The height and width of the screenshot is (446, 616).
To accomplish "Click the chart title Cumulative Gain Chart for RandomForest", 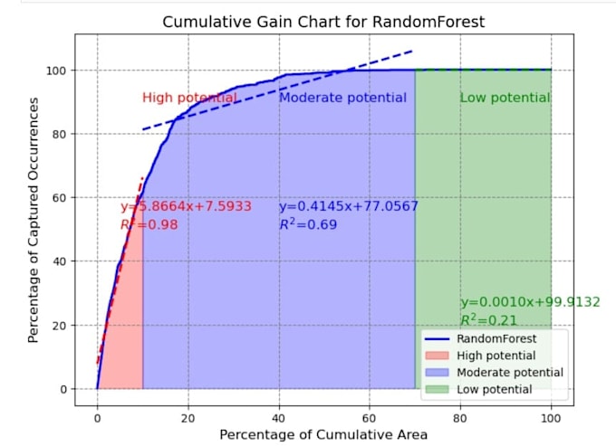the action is [323, 22].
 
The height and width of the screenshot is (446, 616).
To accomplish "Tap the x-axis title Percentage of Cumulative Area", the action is [323, 434].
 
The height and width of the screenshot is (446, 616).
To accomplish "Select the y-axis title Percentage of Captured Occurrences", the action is [34, 220].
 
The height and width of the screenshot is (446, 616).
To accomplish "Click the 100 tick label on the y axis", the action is [56, 71].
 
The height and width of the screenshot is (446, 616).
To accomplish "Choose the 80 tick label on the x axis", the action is [459, 418].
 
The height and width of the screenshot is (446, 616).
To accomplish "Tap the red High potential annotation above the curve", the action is [189, 98].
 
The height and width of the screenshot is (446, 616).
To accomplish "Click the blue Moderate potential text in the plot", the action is [342, 98].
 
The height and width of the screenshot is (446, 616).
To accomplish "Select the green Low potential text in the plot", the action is [505, 98].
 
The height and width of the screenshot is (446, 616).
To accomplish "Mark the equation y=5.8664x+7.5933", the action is [186, 206].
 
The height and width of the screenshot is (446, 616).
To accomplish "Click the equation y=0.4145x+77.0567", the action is [349, 206].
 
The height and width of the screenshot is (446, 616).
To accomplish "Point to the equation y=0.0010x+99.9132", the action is [530, 302].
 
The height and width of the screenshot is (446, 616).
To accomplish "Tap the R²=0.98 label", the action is [149, 224].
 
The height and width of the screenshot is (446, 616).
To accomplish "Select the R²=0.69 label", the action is [308, 224].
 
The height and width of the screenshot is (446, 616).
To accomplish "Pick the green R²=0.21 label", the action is [488, 319].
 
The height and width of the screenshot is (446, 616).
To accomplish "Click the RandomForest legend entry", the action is [480, 338].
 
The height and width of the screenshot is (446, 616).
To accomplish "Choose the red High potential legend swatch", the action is [437, 356].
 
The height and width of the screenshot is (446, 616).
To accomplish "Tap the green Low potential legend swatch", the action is [437, 389].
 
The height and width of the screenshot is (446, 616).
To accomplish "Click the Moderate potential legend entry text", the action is [510, 372].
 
